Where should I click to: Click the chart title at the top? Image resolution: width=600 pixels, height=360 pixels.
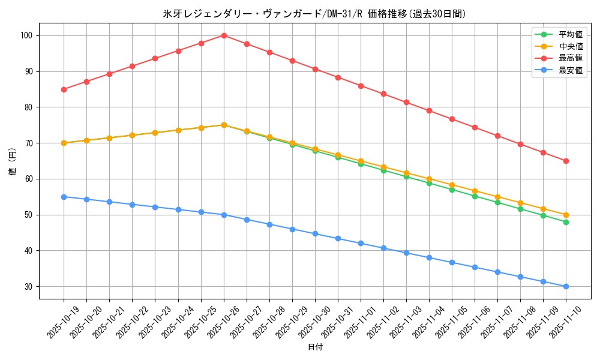314,14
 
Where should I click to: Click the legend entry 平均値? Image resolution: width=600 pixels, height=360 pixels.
570,35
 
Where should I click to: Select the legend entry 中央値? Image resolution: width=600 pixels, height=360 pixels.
570,46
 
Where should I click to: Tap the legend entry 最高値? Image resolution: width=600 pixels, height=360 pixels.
570,58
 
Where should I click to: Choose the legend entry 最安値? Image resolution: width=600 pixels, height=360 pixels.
570,70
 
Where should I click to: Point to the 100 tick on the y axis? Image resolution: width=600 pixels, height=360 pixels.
26,35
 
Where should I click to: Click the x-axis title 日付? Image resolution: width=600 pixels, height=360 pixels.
314,347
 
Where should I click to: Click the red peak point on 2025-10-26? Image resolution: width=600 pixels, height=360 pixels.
224,35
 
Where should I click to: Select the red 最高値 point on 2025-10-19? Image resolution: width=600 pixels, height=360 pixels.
64,89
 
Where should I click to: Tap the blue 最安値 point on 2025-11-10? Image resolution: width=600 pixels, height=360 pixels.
566,286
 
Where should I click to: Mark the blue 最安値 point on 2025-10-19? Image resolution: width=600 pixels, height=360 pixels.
64,197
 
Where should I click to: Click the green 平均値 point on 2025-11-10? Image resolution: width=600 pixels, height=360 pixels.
566,222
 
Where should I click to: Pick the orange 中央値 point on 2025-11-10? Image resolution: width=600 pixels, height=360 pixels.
566,215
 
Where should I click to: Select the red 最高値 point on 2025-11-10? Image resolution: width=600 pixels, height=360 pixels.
566,161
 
